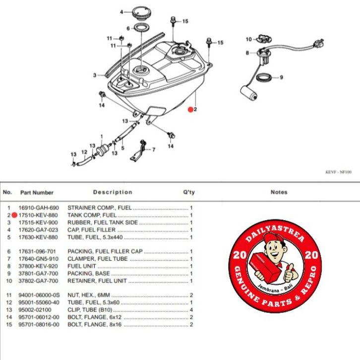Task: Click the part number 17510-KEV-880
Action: [x=39, y=216]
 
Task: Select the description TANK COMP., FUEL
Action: [x=92, y=216]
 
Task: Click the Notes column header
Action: [x=279, y=192]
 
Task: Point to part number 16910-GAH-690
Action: [x=39, y=208]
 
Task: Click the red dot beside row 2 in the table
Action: [x=15, y=216]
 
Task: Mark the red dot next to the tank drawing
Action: [x=190, y=111]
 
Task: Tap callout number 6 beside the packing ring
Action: [x=128, y=28]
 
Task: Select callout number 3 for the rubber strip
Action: [x=94, y=75]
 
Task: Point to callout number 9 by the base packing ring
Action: [x=281, y=77]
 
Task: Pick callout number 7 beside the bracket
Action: [x=153, y=149]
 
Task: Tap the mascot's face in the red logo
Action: [x=272, y=246]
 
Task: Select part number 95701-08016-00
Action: [x=39, y=324]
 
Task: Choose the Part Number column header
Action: [x=37, y=192]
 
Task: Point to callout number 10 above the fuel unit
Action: [x=249, y=39]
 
